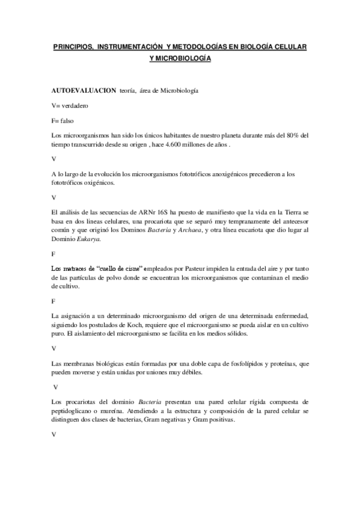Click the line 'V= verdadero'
[70, 105]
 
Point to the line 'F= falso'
[63, 120]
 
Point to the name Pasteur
[194, 269]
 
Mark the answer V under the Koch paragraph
[54, 348]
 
